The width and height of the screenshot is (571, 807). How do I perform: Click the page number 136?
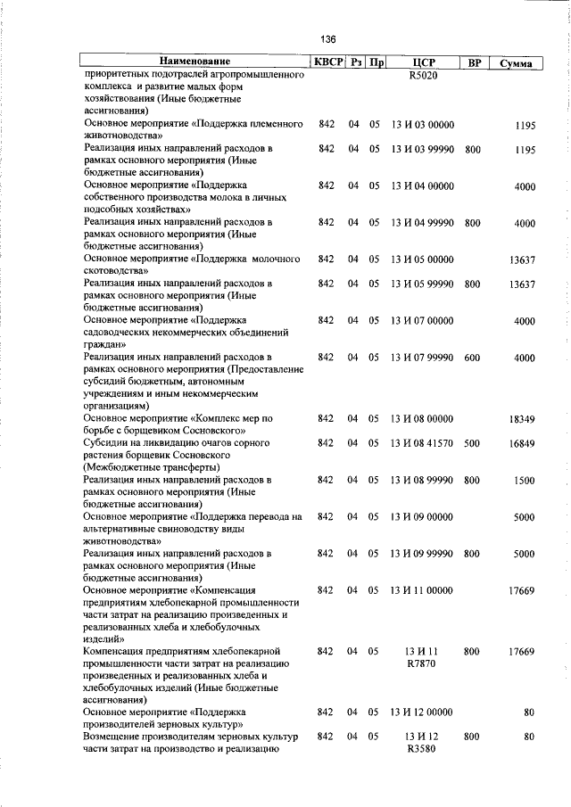(x=328, y=40)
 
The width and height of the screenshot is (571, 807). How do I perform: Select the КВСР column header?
(x=327, y=62)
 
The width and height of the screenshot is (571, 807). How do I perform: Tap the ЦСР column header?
(x=423, y=63)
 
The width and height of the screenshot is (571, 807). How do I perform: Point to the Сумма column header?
(x=517, y=63)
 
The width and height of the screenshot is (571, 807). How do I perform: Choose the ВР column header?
(x=474, y=63)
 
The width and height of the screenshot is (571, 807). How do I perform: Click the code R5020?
(x=423, y=76)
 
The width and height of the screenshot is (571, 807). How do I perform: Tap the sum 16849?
(x=521, y=443)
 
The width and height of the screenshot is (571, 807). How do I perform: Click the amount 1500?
(x=524, y=481)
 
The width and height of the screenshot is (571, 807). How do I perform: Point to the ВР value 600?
(x=473, y=358)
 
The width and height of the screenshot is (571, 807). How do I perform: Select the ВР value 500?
(x=473, y=443)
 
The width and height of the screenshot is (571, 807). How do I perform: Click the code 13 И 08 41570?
(x=423, y=443)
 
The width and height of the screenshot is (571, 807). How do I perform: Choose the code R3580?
(x=423, y=750)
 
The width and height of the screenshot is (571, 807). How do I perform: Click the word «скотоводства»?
(x=121, y=270)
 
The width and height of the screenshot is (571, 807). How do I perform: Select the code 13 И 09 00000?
(x=423, y=516)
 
